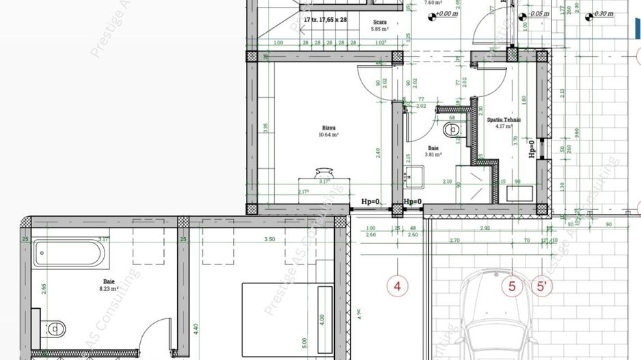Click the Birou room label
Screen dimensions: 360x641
[x=329, y=128]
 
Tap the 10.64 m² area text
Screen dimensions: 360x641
[x=329, y=135]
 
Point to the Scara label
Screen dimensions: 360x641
[x=380, y=22]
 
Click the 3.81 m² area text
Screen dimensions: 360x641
[x=433, y=154]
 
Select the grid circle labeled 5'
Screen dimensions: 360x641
[x=543, y=286]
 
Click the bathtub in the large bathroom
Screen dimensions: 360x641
[x=70, y=255]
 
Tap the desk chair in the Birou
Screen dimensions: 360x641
[x=325, y=173]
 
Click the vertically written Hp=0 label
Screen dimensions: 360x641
[x=532, y=148]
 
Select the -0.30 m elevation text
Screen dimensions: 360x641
[x=603, y=14]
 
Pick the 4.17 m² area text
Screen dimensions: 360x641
[x=504, y=126]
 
